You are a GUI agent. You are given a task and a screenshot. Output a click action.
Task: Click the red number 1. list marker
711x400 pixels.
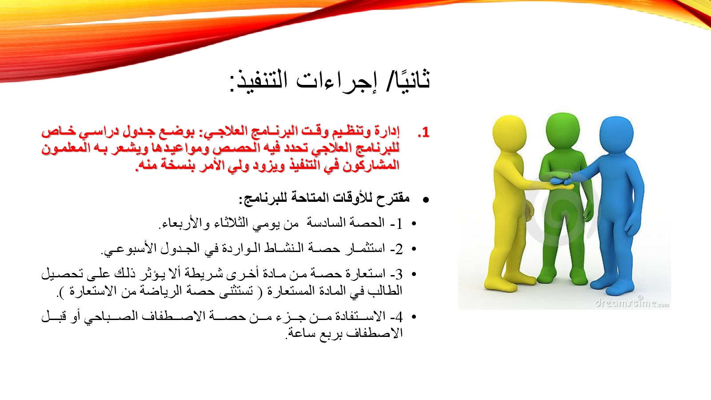[x=423, y=132]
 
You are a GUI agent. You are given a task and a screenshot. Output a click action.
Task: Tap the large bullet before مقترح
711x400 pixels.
[x=426, y=200]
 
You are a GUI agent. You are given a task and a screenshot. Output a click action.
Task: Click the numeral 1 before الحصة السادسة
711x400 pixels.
[x=399, y=224]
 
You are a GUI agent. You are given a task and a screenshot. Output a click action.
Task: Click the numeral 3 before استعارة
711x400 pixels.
[x=399, y=274]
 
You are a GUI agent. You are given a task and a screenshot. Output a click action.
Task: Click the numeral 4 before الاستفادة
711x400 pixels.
[x=399, y=317]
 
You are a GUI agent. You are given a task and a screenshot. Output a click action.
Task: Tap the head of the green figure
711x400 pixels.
[x=563, y=131]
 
